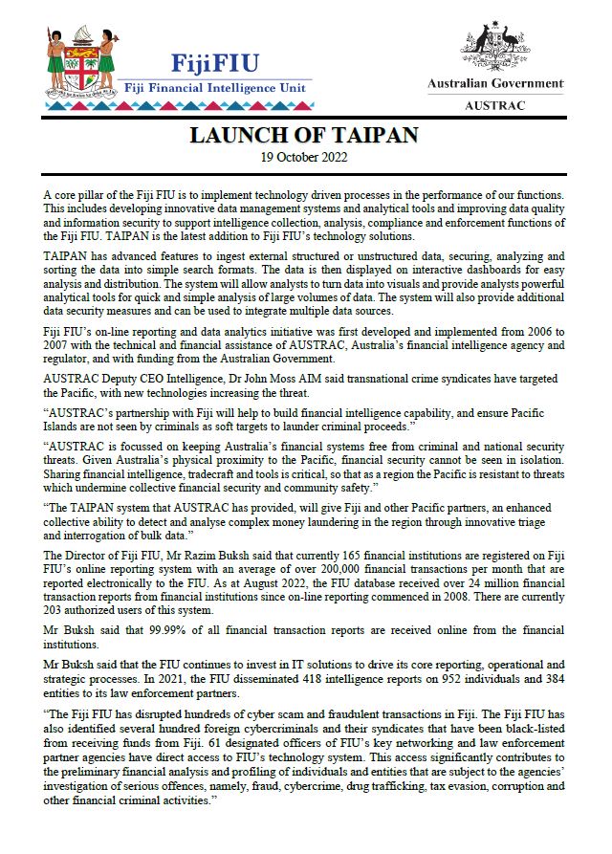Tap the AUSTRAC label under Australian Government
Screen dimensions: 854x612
[x=494, y=106]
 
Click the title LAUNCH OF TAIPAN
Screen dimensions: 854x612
[x=304, y=135]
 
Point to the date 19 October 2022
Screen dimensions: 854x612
[x=304, y=156]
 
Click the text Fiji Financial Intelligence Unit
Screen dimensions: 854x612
[x=218, y=87]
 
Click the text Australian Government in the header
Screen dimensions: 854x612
[x=494, y=84]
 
